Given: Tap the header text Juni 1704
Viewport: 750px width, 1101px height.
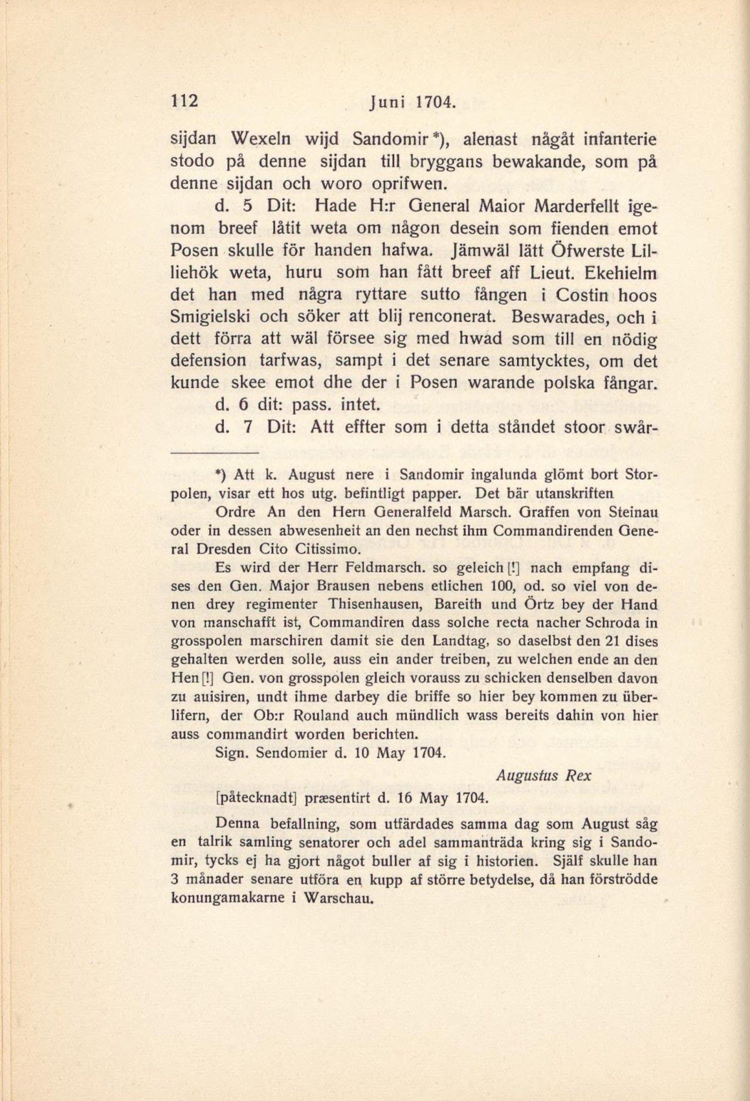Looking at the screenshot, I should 412,102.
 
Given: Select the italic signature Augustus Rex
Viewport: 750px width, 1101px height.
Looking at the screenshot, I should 543,775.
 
